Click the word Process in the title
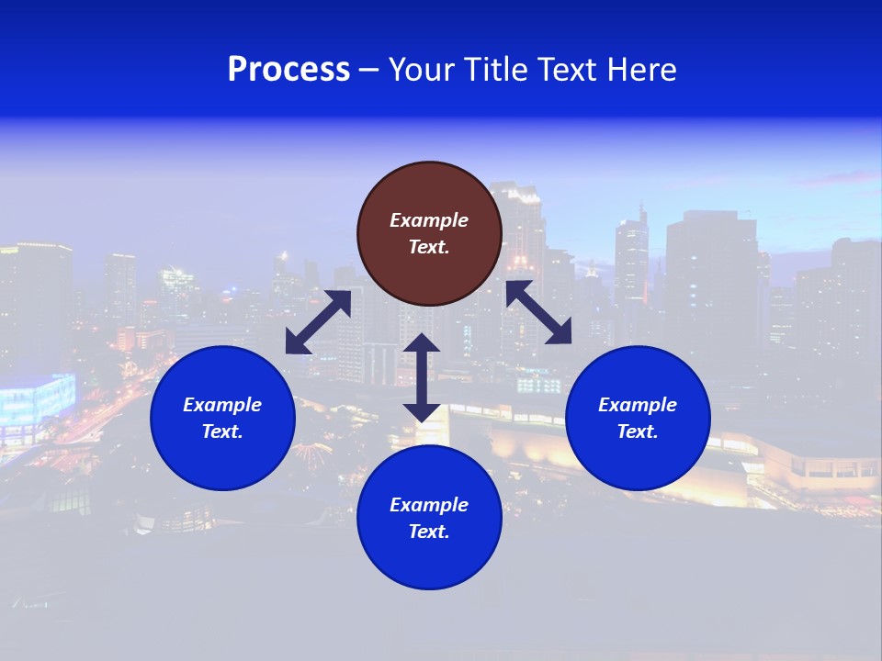[288, 70]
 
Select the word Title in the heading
[497, 70]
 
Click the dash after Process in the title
[368, 71]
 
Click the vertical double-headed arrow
[422, 377]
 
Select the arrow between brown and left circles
[318, 322]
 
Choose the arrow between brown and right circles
[539, 312]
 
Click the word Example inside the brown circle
[429, 220]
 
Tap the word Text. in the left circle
[222, 431]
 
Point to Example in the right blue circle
[638, 405]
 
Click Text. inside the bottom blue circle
[429, 532]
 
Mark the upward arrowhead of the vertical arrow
[422, 343]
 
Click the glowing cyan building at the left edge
[37, 400]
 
